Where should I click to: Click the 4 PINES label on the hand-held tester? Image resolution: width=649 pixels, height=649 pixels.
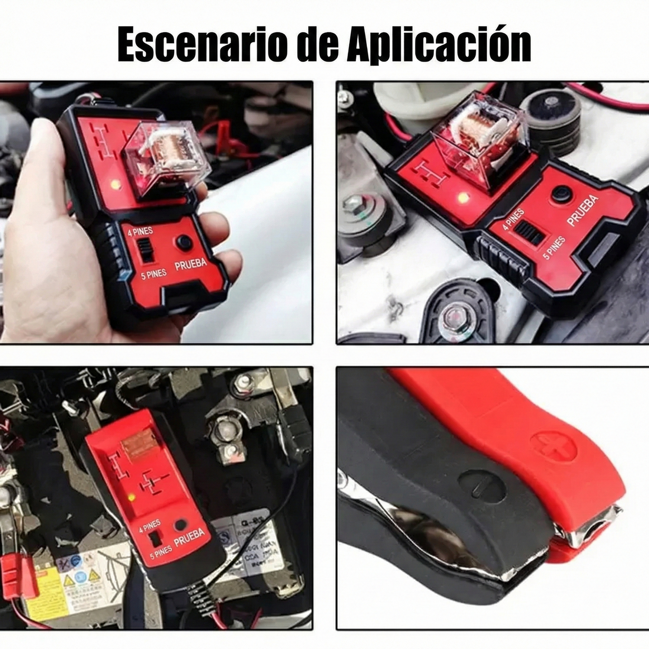click(x=140, y=232)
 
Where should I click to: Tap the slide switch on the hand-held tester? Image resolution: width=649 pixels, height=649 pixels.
click(x=145, y=251)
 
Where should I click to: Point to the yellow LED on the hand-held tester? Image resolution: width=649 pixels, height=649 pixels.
click(x=115, y=184)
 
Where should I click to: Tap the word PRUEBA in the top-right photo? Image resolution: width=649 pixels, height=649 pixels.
click(x=583, y=211)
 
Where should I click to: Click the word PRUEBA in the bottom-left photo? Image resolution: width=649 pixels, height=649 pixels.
click(x=189, y=537)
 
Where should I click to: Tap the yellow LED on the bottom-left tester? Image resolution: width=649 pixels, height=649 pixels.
click(x=131, y=497)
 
